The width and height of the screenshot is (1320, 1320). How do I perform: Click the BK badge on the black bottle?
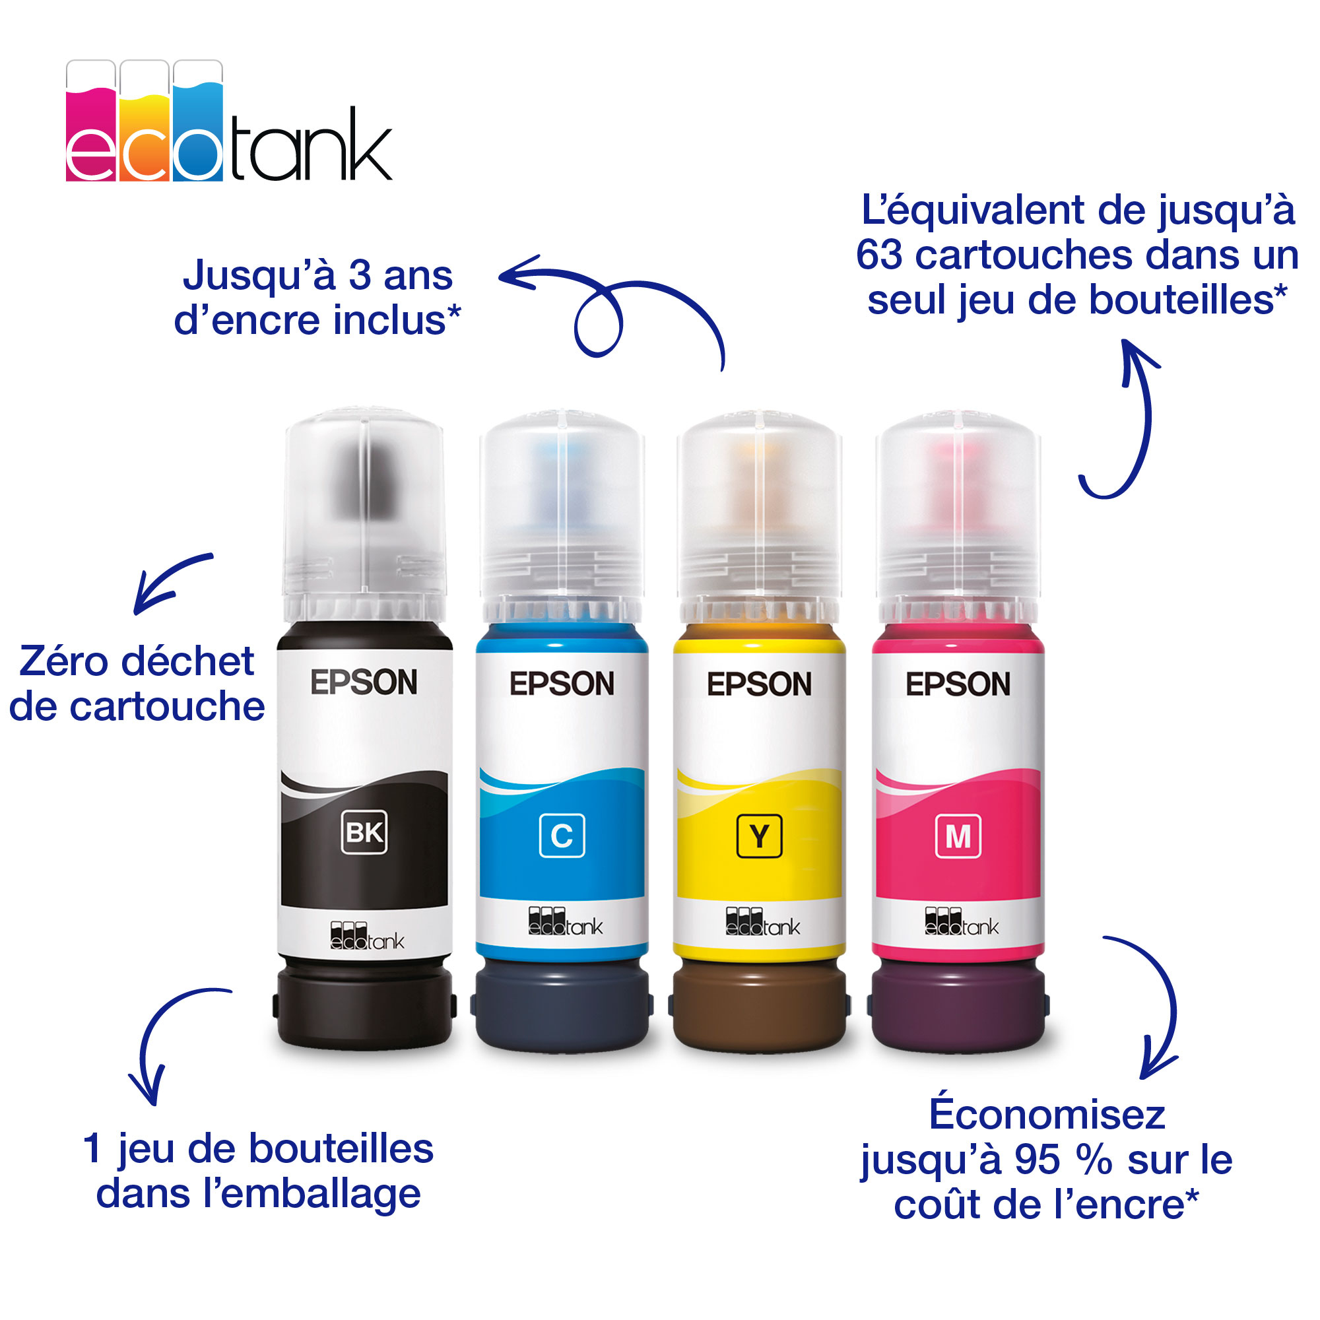click(x=364, y=832)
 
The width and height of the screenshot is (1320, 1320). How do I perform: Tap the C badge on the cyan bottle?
click(x=562, y=835)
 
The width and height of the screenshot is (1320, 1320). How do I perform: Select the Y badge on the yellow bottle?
click(x=759, y=835)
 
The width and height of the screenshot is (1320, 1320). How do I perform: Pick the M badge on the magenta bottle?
click(x=958, y=835)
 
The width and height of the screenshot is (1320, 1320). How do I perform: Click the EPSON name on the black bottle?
click(x=364, y=682)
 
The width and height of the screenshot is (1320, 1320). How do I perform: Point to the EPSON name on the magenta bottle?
click(x=958, y=684)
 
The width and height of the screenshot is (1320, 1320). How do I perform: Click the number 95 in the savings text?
click(x=1037, y=1160)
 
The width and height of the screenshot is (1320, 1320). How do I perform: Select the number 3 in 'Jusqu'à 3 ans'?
click(x=360, y=275)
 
